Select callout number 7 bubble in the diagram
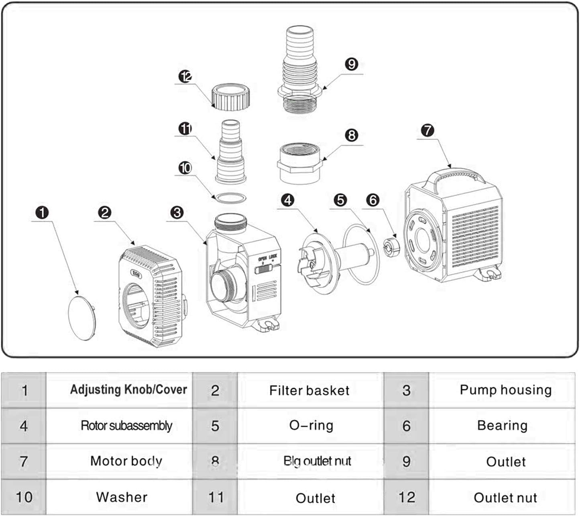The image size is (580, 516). pyautogui.click(x=427, y=130)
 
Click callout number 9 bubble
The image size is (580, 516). pyautogui.click(x=352, y=64)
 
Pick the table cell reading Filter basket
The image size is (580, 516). pyautogui.click(x=309, y=390)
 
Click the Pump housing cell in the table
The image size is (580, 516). pyautogui.click(x=505, y=390)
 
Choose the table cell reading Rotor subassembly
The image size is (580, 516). pyautogui.click(x=126, y=426)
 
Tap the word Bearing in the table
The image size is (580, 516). pyautogui.click(x=502, y=425)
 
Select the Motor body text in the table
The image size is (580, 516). pyautogui.click(x=126, y=461)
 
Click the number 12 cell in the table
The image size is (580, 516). pyautogui.click(x=406, y=497)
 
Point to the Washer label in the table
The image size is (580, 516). pyautogui.click(x=122, y=497)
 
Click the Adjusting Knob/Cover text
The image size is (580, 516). pyautogui.click(x=128, y=389)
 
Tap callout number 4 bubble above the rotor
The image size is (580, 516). pyautogui.click(x=288, y=200)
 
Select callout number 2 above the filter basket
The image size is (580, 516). pyautogui.click(x=105, y=213)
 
